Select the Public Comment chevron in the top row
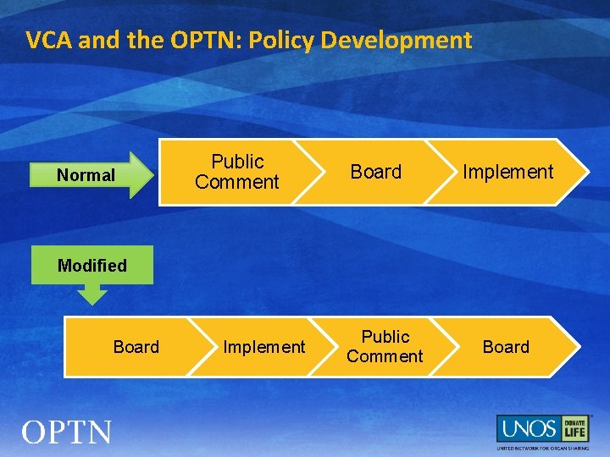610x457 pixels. click(x=236, y=172)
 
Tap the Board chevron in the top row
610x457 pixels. click(x=375, y=172)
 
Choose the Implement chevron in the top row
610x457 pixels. click(x=508, y=172)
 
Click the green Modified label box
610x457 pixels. click(x=92, y=265)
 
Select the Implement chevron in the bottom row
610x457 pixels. click(x=263, y=347)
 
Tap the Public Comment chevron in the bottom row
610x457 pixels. click(x=385, y=347)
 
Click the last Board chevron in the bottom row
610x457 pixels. click(x=506, y=347)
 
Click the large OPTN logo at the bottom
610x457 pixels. click(x=66, y=432)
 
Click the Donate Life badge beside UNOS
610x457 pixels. click(x=575, y=428)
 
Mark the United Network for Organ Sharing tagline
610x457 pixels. click(x=542, y=447)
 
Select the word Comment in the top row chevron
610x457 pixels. click(x=236, y=182)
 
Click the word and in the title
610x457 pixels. click(x=96, y=40)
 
